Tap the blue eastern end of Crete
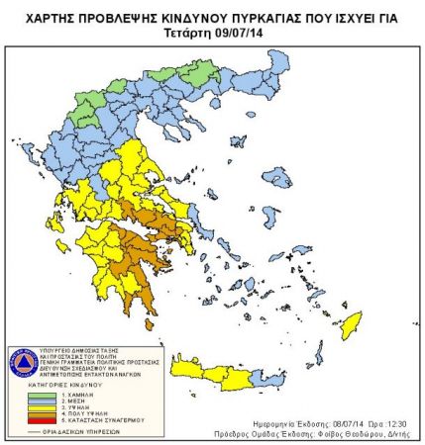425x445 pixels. pyautogui.click(x=262, y=378)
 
